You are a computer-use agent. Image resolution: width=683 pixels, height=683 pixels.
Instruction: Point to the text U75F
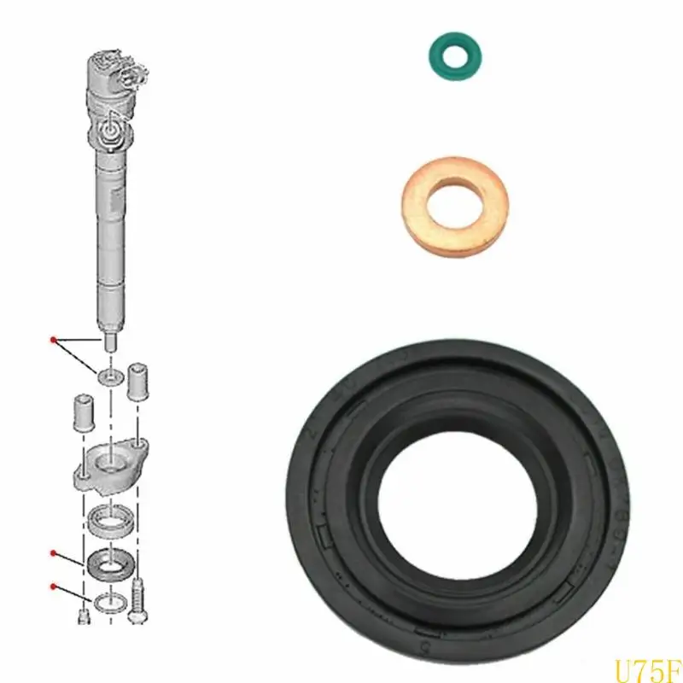coord(647,664)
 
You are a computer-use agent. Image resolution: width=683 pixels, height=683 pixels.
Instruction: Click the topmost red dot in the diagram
coord(54,341)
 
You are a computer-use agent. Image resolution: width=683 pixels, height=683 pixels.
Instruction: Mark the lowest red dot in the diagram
coord(54,585)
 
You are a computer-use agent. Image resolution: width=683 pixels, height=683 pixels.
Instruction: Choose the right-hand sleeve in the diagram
coord(138,385)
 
